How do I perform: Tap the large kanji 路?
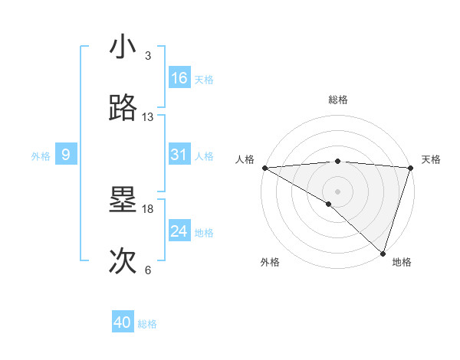point(124,109)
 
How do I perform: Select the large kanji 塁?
point(124,201)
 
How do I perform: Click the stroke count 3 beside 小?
point(148,56)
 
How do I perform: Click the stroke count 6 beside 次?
point(148,270)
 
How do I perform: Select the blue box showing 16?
point(179,78)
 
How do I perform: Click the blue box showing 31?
point(179,155)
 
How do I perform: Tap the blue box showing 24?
point(179,231)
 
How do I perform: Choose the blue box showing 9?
point(66,155)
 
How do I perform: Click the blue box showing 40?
point(123,322)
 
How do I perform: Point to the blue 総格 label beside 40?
point(147,324)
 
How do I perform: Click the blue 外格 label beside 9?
point(41,156)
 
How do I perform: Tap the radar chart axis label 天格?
point(432,159)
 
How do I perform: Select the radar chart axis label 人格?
point(245,159)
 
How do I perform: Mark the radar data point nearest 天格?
point(411,167)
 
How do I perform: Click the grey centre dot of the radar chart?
point(337,191)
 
